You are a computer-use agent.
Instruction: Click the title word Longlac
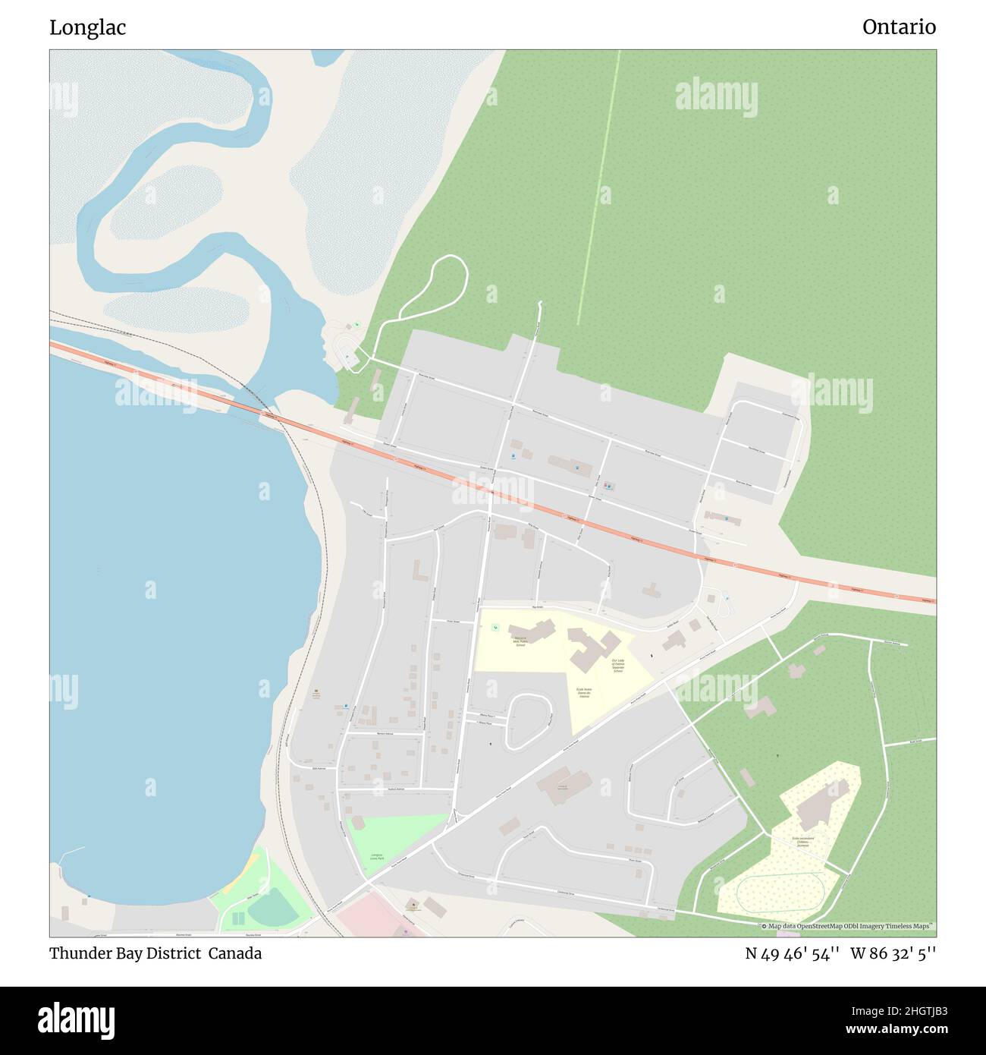tap(88, 28)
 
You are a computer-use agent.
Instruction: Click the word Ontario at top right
tap(899, 28)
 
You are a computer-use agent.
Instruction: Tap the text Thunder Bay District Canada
tap(155, 953)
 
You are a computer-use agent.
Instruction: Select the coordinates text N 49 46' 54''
tap(792, 953)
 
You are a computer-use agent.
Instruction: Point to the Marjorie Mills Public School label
tap(520, 641)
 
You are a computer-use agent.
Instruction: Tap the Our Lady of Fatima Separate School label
tap(618, 666)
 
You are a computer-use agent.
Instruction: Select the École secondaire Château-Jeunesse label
tap(801, 842)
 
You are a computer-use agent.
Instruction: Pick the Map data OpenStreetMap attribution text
tap(849, 926)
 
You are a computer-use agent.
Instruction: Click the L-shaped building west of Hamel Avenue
tap(419, 570)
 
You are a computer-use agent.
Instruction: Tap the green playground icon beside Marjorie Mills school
tap(495, 627)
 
